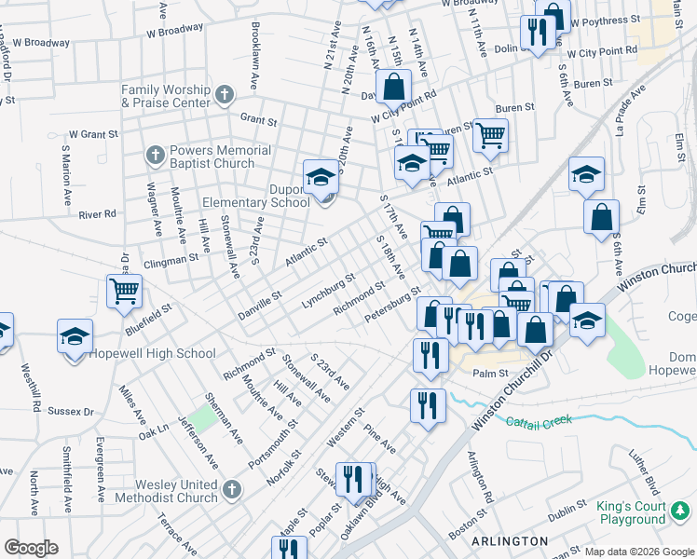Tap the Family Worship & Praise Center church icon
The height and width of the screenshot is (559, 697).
point(224,95)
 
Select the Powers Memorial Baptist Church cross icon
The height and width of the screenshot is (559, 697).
point(154,152)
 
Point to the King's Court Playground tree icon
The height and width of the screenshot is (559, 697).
point(681,510)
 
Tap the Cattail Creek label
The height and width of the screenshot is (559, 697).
point(539,421)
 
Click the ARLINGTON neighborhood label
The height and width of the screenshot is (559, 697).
point(510,541)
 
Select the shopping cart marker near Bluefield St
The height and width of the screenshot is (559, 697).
point(124,292)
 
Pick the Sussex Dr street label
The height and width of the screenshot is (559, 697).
point(71,411)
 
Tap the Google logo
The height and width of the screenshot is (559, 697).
point(31,548)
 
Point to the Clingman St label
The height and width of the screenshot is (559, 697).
point(172,259)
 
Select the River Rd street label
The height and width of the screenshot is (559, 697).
point(97,214)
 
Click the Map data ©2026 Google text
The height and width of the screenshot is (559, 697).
point(639,552)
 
